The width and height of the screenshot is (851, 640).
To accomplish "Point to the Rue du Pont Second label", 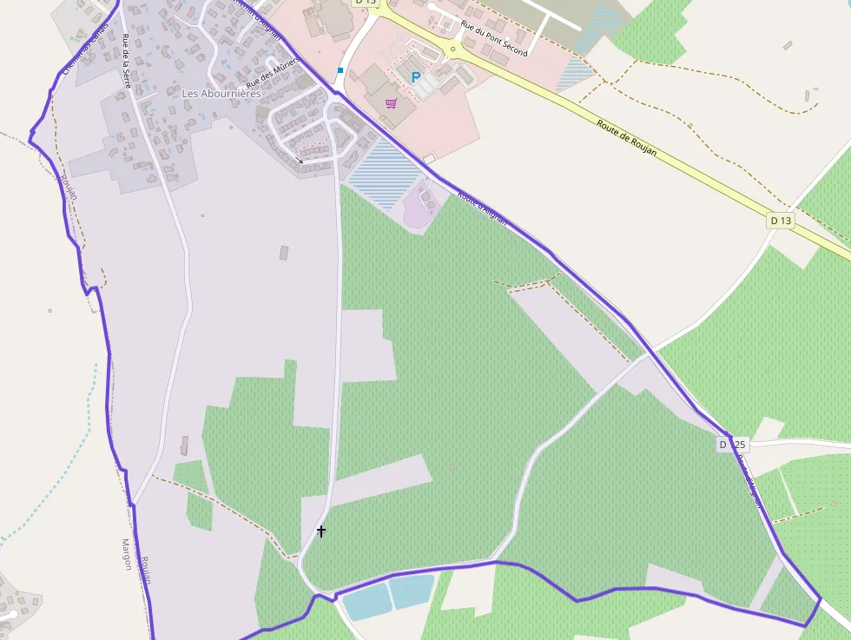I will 494,40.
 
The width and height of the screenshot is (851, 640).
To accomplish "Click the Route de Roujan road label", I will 626,138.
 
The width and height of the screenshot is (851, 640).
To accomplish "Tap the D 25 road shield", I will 732,445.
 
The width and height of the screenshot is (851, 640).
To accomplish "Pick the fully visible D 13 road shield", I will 781,221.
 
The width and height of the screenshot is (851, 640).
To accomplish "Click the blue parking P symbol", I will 416,77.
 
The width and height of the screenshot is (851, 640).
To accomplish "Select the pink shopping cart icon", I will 391,103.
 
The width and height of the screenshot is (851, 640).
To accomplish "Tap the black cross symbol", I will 321,531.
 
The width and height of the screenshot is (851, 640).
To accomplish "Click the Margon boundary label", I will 127,553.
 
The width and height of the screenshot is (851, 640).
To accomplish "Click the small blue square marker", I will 340,69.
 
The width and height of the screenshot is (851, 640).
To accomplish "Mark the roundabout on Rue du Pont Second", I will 452,49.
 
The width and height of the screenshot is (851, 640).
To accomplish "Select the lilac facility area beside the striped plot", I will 422,205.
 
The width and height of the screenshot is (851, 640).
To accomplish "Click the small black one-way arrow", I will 300,161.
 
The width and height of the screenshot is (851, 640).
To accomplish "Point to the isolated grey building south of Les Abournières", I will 283,253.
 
